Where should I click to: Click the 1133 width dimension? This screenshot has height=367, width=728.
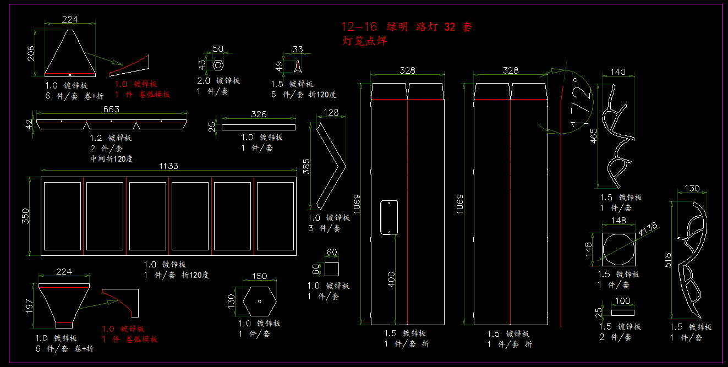point(168,166)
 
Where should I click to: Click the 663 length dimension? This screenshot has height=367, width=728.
point(111,109)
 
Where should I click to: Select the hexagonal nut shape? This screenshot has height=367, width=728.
point(218,65)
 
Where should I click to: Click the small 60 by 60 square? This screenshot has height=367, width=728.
point(331,269)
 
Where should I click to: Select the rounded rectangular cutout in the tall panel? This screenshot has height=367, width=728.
point(389,217)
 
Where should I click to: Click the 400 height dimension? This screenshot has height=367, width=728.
point(391,280)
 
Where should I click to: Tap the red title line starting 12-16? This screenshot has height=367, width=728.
point(406,26)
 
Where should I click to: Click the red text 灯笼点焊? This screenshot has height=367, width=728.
point(364,40)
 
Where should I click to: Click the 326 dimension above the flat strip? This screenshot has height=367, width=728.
point(259,114)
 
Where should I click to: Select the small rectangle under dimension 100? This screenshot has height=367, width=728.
point(622,313)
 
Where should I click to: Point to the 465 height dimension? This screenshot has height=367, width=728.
point(593,135)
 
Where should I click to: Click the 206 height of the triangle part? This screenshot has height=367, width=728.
point(31,53)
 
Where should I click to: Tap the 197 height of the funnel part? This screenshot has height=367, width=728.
point(31,305)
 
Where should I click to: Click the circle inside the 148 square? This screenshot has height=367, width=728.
point(622,250)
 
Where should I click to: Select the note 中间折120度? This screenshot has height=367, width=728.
point(112,159)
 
